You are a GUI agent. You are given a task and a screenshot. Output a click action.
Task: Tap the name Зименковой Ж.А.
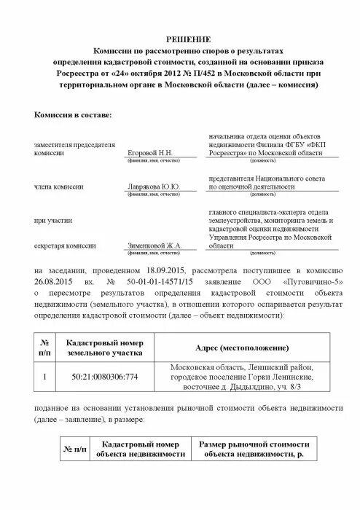(x=154, y=247)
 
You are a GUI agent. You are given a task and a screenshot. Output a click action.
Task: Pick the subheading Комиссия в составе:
(x=74, y=115)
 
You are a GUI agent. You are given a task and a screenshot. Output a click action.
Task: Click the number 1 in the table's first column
(x=45, y=377)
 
